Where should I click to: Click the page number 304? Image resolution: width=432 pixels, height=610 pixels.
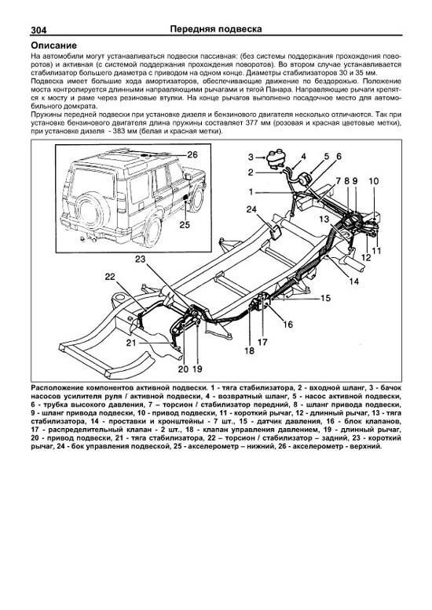pos(38,31)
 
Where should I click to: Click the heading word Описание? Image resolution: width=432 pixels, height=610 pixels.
pos(54,45)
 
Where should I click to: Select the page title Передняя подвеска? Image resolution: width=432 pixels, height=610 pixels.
pos(216,29)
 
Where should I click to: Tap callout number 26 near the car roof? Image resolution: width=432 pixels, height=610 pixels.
pos(192,154)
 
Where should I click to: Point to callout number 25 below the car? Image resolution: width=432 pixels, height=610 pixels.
pos(185,224)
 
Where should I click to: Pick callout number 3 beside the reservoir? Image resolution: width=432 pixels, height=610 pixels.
pos(251,157)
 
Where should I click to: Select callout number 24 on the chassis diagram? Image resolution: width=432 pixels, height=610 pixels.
pos(251,209)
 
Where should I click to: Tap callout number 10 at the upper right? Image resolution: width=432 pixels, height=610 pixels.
pos(374,181)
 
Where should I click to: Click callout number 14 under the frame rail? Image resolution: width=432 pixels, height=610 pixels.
pos(354,281)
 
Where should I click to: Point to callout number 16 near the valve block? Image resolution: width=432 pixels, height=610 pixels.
pos(287,324)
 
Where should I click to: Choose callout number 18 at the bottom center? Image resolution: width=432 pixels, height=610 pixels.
pos(249,350)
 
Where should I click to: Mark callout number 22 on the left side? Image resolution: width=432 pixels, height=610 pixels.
pos(110,277)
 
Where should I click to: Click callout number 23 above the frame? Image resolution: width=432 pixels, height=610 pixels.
pos(141,259)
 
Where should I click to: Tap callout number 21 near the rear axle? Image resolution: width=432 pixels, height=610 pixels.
pos(131,343)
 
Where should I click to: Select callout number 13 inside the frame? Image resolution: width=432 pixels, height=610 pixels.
pos(324,219)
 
